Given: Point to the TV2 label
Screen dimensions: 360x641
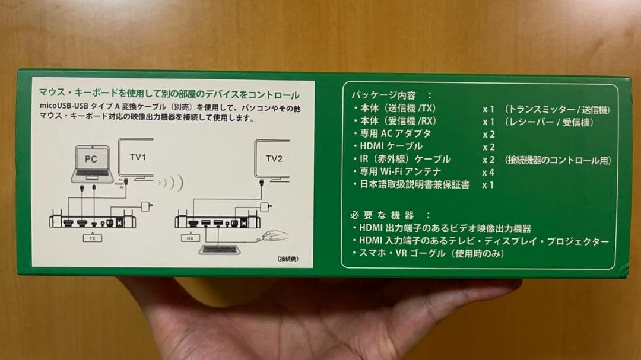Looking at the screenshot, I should click(274, 158).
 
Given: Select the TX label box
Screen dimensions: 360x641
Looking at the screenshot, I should click(92, 238).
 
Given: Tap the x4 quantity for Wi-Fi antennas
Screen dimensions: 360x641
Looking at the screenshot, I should click(488, 172).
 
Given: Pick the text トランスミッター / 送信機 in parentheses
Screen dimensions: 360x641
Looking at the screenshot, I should click(557, 110).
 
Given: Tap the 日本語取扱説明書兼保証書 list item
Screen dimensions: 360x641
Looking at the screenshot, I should click(415, 184).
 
